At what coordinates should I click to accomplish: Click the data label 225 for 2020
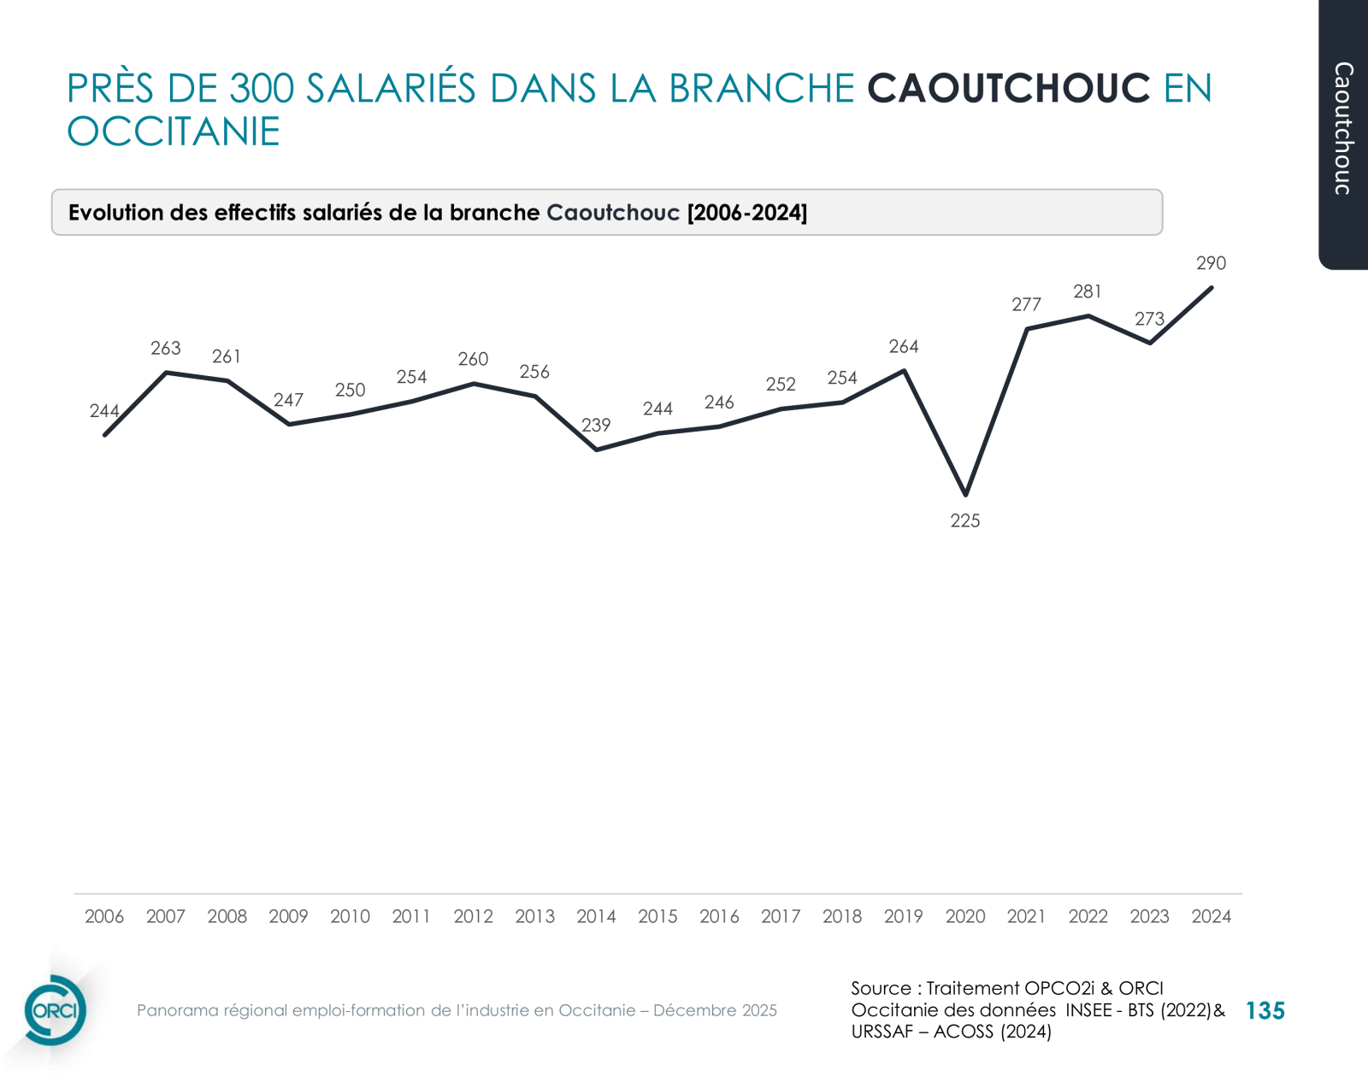point(964,520)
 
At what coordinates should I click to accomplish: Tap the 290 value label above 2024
point(1211,263)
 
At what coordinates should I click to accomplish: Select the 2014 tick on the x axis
point(596,916)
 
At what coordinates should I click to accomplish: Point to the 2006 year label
point(104,916)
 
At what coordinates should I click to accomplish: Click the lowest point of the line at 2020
point(965,494)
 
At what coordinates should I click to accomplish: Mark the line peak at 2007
point(167,373)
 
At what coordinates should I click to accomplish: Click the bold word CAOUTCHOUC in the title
point(1009,89)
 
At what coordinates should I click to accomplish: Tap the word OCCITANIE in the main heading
point(174,132)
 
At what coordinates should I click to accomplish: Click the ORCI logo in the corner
point(55,1010)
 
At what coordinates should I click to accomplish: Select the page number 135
point(1265,1011)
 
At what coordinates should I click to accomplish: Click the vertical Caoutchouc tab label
point(1344,128)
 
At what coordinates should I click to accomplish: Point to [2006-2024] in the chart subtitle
point(747,213)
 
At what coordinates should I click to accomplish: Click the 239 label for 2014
point(596,425)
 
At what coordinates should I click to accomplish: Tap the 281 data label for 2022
point(1088,291)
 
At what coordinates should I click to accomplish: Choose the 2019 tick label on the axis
point(904,916)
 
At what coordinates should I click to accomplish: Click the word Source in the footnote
point(881,988)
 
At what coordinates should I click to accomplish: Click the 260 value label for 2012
point(473,359)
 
